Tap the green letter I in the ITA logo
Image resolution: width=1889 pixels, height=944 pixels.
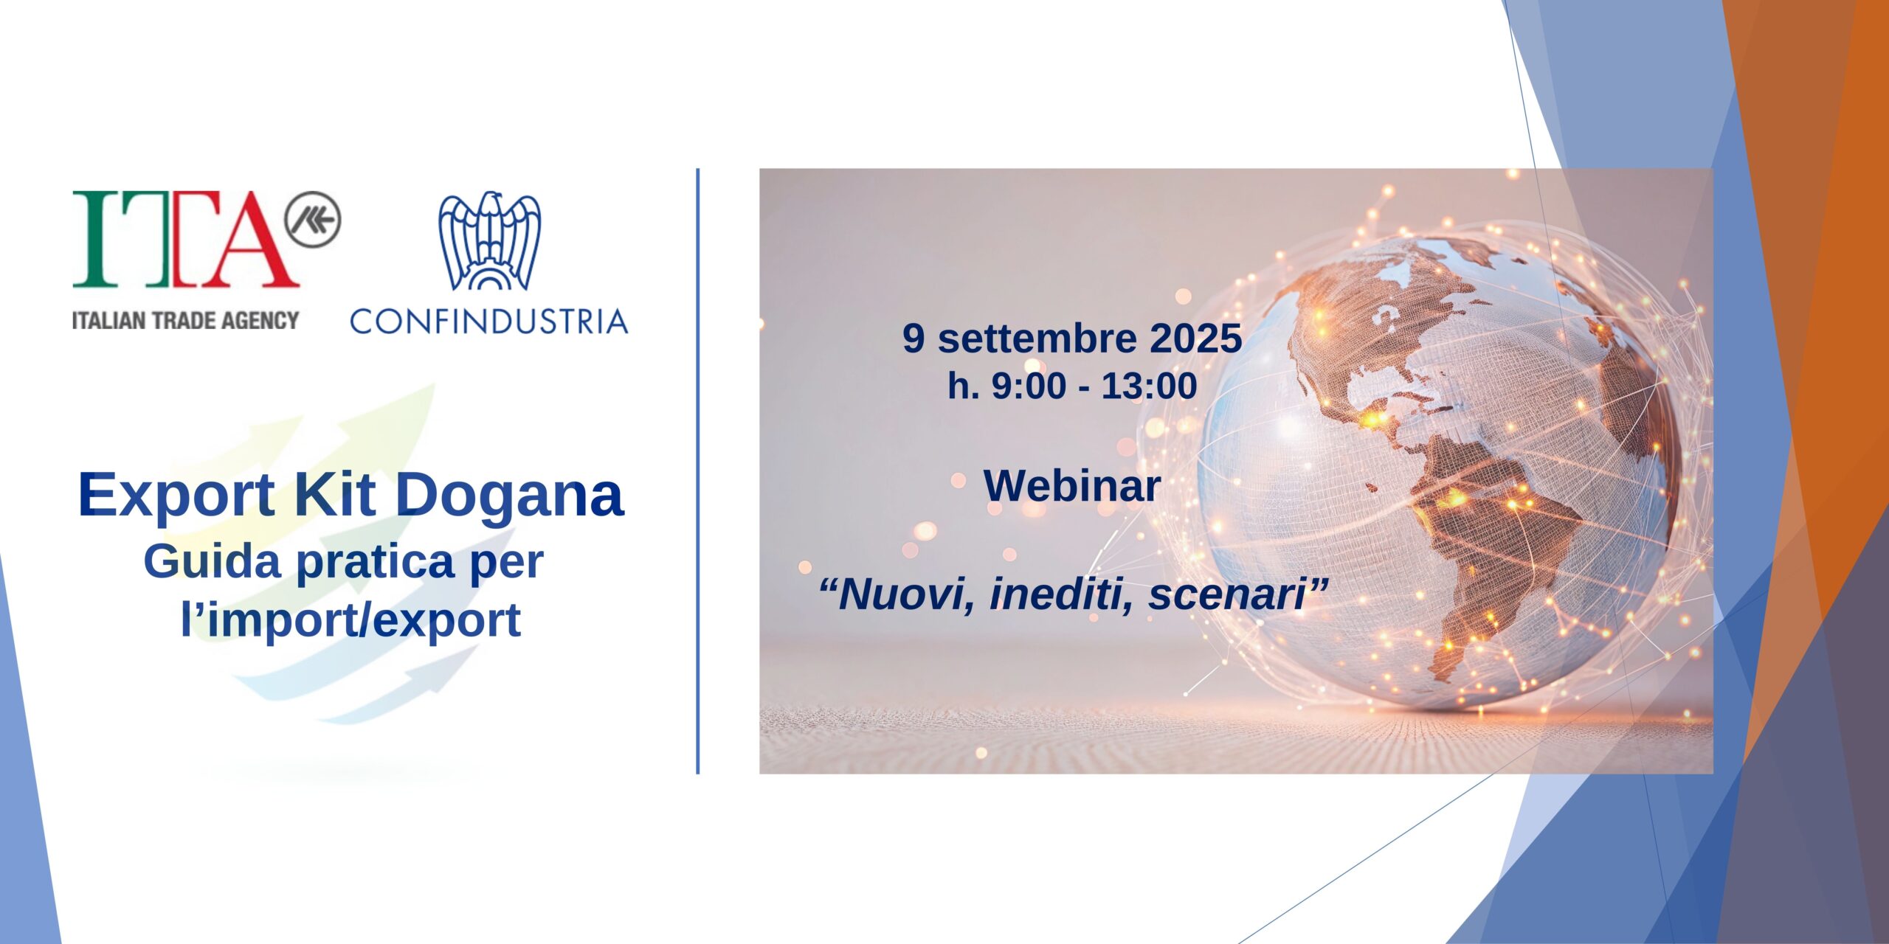pyautogui.click(x=95, y=239)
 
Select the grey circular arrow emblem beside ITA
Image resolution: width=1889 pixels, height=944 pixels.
pyautogui.click(x=313, y=219)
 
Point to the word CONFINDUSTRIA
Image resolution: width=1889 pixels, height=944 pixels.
pyautogui.click(x=489, y=322)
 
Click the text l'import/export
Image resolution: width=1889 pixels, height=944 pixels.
pyautogui.click(x=351, y=619)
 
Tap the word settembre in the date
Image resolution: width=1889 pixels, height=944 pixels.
pyautogui.click(x=1026, y=339)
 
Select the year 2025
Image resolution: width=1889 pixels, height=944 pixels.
pyautogui.click(x=1186, y=339)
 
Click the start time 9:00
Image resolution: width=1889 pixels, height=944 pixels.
pyautogui.click(x=1029, y=386)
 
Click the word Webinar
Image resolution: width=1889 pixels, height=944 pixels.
pyautogui.click(x=1072, y=486)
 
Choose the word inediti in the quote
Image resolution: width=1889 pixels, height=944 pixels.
pyautogui.click(x=1062, y=595)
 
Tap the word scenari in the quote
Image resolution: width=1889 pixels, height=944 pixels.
pyautogui.click(x=1228, y=595)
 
